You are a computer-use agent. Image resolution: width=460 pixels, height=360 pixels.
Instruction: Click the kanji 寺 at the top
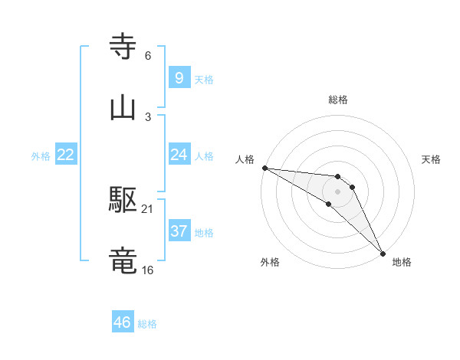(123, 47)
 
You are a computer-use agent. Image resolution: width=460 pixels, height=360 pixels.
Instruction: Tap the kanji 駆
(123, 200)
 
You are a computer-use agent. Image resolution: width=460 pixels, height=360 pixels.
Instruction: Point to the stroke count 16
(147, 270)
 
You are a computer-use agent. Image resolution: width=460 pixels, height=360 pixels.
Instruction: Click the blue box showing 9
(179, 78)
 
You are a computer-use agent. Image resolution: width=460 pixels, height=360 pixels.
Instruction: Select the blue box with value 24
(179, 155)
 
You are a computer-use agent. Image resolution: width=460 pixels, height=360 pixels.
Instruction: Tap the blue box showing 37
(179, 231)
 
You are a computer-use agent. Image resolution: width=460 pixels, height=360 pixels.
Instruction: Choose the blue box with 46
(122, 322)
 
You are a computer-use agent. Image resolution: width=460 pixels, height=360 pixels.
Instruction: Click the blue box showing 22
(65, 155)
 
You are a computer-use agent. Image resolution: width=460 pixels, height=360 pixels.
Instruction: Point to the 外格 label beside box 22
(41, 155)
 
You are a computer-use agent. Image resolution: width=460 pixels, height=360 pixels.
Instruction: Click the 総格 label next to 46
(147, 324)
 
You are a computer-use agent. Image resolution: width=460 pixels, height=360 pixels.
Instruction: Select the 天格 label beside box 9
(204, 79)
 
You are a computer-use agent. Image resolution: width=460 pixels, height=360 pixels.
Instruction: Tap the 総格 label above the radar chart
(338, 100)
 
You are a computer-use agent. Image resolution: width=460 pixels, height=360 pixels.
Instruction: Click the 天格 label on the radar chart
(431, 159)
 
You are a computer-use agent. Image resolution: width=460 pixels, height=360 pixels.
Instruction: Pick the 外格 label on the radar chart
(270, 262)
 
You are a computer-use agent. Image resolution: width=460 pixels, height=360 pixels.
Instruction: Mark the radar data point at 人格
(264, 167)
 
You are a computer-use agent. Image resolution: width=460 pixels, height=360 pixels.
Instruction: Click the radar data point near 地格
(383, 253)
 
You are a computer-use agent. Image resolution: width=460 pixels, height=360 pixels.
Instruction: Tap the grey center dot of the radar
(337, 191)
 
